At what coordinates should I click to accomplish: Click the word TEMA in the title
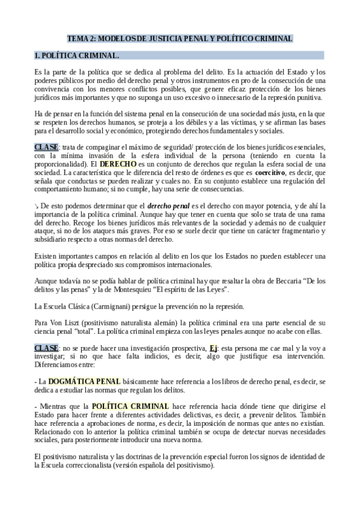coord(77,38)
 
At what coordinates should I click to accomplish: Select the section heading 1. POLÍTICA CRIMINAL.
coord(77,56)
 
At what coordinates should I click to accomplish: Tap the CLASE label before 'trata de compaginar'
coord(47,147)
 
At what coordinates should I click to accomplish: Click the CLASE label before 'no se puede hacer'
coord(47,349)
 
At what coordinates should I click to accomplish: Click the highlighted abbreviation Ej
coord(248,349)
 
